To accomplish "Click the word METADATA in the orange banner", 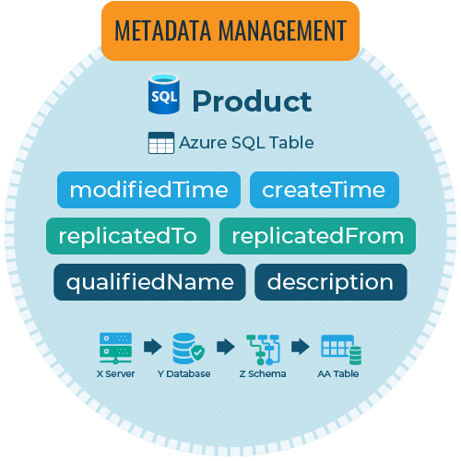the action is click(x=162, y=30).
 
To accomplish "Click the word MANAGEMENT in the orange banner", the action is click(x=283, y=30).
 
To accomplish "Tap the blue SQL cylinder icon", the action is click(x=164, y=94).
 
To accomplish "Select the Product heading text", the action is click(x=252, y=101).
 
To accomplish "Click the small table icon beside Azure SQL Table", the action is click(x=161, y=143).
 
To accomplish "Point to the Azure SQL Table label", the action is click(x=246, y=143).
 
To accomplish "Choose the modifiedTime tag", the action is click(x=148, y=190).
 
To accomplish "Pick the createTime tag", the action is click(x=325, y=190).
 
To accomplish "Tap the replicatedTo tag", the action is click(x=128, y=236).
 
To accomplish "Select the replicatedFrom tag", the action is click(x=317, y=236).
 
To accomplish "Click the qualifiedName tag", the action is click(x=149, y=282).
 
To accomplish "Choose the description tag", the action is click(x=331, y=282).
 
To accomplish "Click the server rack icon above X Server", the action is click(x=115, y=349).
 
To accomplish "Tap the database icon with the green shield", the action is click(x=188, y=349).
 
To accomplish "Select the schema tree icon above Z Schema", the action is click(x=263, y=349).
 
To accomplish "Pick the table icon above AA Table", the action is click(x=341, y=349).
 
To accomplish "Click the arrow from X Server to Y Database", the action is click(x=153, y=347).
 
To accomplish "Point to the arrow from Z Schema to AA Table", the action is click(x=301, y=347).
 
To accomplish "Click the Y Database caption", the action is click(x=183, y=373).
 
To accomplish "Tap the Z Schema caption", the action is click(x=263, y=373).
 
